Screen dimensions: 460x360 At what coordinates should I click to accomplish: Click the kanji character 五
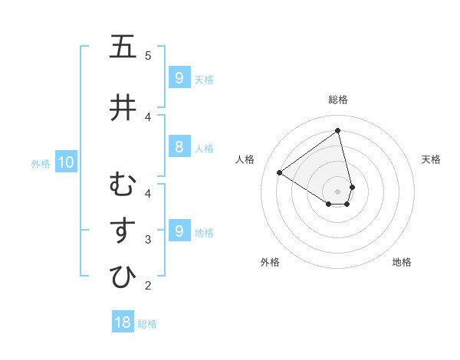(123, 47)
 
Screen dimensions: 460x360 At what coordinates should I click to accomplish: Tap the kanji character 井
(123, 107)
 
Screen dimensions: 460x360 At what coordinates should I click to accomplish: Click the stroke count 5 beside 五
(148, 55)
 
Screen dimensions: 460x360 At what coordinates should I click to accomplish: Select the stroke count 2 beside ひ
(148, 286)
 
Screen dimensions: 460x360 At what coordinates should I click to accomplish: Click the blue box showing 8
(179, 148)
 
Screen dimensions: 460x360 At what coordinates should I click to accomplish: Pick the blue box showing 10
(65, 162)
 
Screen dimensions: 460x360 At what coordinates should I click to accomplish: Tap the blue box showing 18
(123, 322)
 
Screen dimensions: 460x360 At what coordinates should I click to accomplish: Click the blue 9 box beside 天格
(179, 78)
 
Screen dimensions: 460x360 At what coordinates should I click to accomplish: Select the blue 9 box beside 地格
(179, 231)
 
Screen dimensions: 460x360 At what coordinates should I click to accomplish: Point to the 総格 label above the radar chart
(338, 100)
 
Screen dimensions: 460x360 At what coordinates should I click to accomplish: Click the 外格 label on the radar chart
(270, 262)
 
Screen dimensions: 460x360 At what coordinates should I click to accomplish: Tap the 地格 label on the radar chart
(402, 262)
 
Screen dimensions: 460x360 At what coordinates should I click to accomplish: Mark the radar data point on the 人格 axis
(280, 172)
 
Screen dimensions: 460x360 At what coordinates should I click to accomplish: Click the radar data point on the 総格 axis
(338, 130)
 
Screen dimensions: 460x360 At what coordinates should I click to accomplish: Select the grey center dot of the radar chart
(338, 191)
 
